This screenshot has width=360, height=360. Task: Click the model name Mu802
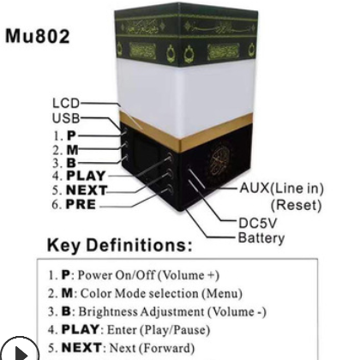pyautogui.click(x=38, y=36)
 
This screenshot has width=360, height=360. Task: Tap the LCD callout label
pyautogui.click(x=66, y=103)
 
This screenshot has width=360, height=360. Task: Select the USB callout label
pyautogui.click(x=66, y=118)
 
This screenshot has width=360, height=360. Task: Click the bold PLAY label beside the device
pyautogui.click(x=86, y=176)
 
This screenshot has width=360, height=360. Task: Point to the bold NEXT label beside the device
pyautogui.click(x=87, y=190)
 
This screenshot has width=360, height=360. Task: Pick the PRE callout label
pyautogui.click(x=81, y=204)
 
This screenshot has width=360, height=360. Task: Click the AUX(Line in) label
pyautogui.click(x=282, y=189)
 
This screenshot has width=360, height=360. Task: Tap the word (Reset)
pyautogui.click(x=296, y=205)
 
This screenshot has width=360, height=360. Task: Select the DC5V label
pyautogui.click(x=257, y=223)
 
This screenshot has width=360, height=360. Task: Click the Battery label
pyautogui.click(x=261, y=238)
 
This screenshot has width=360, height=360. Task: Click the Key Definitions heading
pyautogui.click(x=120, y=245)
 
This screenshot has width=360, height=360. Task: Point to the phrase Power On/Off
pyautogui.click(x=117, y=275)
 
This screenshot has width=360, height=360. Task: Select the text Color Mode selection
pyautogui.click(x=140, y=293)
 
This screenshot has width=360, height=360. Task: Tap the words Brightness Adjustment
pyautogui.click(x=141, y=312)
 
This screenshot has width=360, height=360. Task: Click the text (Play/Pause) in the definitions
pyautogui.click(x=175, y=330)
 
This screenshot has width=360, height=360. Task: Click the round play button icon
pyautogui.click(x=19, y=349)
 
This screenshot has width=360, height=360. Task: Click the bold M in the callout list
pyautogui.click(x=73, y=149)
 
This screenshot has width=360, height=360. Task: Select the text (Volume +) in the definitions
pyautogui.click(x=189, y=275)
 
